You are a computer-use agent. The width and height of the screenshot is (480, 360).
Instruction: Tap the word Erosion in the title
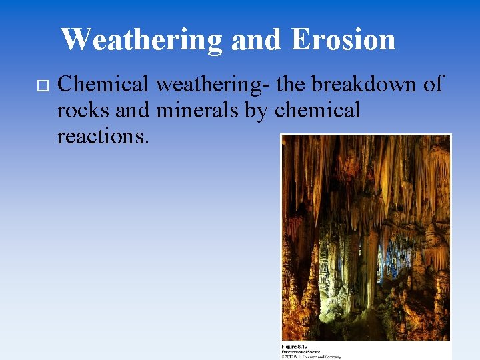(343, 39)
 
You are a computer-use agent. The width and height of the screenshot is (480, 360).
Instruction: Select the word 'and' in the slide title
(257, 39)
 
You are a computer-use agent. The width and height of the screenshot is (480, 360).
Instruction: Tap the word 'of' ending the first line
(433, 85)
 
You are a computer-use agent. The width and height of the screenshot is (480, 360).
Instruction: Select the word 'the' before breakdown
(297, 85)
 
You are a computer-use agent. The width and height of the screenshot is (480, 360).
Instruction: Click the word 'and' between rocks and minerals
(132, 111)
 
